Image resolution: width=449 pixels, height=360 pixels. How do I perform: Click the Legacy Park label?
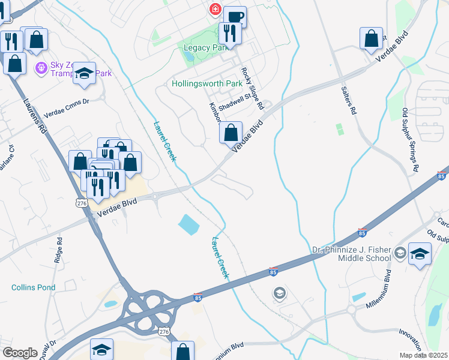click(x=204, y=47)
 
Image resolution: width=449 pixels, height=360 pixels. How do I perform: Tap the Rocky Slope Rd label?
click(x=252, y=88)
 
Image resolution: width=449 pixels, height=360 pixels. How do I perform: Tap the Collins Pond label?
click(x=34, y=287)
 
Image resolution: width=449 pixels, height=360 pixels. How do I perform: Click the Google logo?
click(x=20, y=353)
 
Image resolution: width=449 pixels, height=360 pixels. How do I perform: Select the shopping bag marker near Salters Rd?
click(x=372, y=38)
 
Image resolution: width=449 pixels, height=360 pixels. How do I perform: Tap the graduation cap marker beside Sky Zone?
click(x=85, y=73)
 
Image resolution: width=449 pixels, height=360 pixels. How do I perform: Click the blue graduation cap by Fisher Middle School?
click(x=420, y=254)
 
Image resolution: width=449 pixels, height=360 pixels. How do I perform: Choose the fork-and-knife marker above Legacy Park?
click(x=229, y=32)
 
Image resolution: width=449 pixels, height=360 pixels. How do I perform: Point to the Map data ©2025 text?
click(x=423, y=355)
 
